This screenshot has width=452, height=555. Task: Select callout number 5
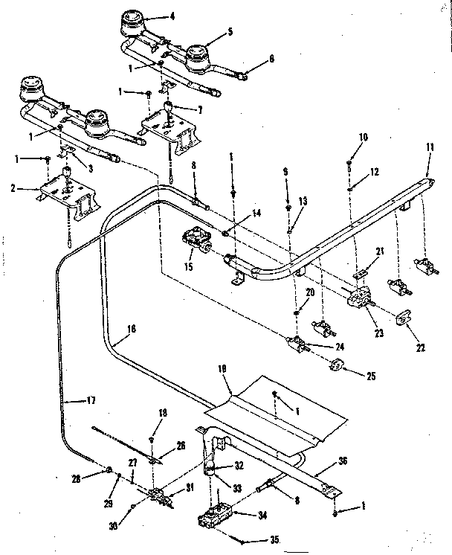tap(230, 33)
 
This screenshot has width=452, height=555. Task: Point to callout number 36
tap(342, 461)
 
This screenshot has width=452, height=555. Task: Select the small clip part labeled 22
tap(404, 318)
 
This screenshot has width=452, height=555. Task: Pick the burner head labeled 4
tap(135, 22)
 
